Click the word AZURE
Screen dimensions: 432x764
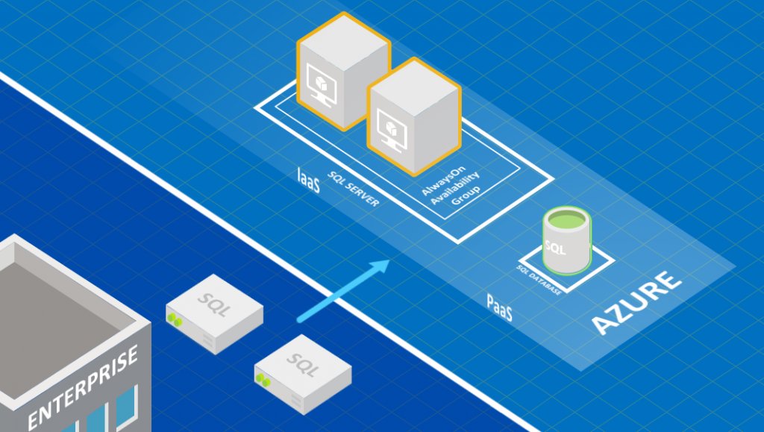pyautogui.click(x=637, y=303)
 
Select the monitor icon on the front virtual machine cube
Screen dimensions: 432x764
pyautogui.click(x=392, y=124)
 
